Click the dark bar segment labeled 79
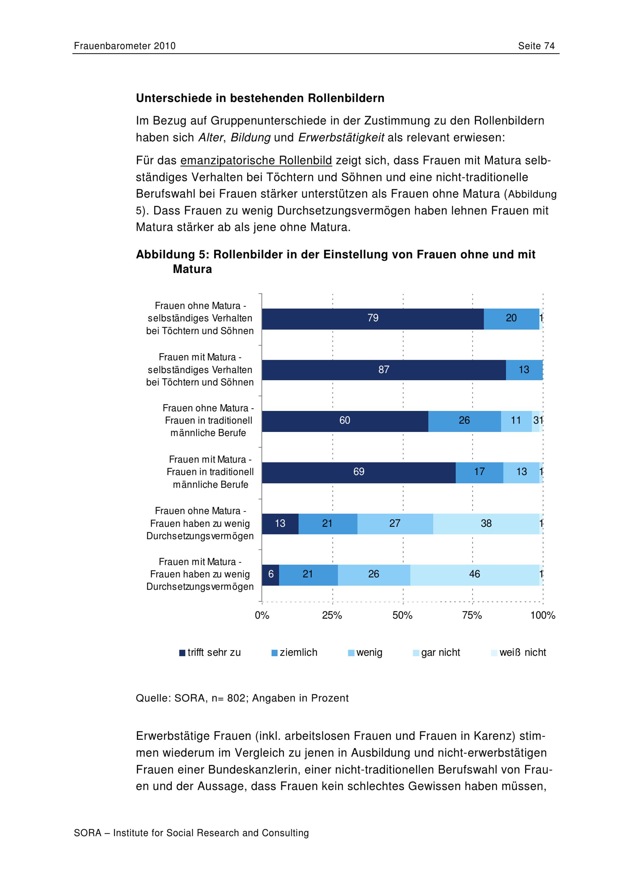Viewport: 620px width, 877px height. pos(373,319)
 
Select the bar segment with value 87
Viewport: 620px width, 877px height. pos(384,370)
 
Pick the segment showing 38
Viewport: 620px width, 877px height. pos(486,524)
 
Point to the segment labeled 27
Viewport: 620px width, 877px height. pos(395,524)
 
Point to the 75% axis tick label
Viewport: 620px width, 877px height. pos(472,615)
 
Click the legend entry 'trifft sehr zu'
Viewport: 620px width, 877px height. pos(210,652)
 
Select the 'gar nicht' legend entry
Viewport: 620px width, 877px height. pos(437,652)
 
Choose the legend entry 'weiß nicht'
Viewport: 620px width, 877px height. pos(518,652)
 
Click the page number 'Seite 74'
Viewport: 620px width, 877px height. pos(536,46)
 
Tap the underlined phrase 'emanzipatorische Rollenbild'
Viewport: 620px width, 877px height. pos(256,161)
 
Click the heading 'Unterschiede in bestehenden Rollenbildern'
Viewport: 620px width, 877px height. pos(260,98)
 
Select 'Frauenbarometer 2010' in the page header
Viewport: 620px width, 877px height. pos(125,46)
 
